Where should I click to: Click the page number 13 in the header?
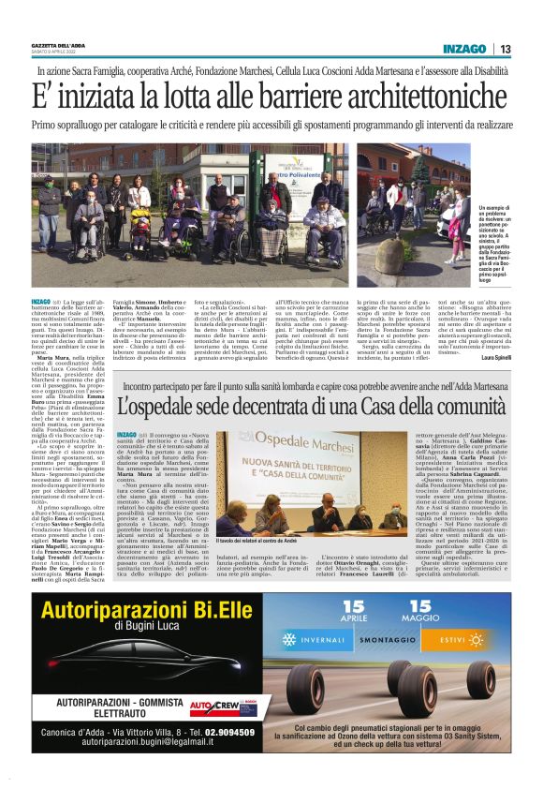(x=505, y=49)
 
